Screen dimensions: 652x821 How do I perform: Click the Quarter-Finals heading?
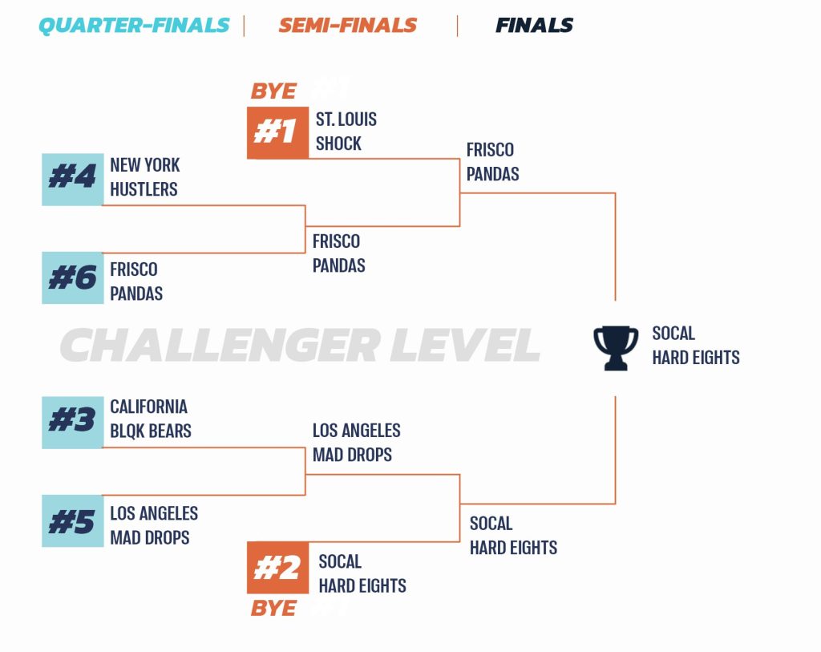pyautogui.click(x=134, y=26)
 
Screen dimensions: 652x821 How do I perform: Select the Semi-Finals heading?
pyautogui.click(x=347, y=26)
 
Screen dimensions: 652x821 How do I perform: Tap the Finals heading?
pyautogui.click(x=534, y=26)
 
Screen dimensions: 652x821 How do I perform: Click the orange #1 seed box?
pyautogui.click(x=277, y=132)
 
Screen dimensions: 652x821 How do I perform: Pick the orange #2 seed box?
pyautogui.click(x=277, y=568)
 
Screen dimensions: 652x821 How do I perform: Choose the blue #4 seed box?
pyautogui.click(x=73, y=179)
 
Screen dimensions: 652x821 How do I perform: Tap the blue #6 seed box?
pyautogui.click(x=73, y=277)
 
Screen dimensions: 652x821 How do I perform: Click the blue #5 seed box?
pyautogui.click(x=73, y=520)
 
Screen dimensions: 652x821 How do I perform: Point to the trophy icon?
pyautogui.click(x=616, y=347)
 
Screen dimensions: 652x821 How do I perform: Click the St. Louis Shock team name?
pyautogui.click(x=346, y=132)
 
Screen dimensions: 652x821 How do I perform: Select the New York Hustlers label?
pyautogui.click(x=144, y=177)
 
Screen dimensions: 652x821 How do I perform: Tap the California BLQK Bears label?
pyautogui.click(x=150, y=419)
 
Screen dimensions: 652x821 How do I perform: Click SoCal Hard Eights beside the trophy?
pyautogui.click(x=695, y=346)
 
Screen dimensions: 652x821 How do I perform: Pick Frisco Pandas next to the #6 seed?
pyautogui.click(x=135, y=281)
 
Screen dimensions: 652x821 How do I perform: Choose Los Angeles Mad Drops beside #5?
pyautogui.click(x=153, y=525)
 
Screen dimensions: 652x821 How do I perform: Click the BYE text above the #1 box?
pyautogui.click(x=273, y=91)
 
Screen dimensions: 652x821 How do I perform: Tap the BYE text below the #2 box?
pyautogui.click(x=273, y=609)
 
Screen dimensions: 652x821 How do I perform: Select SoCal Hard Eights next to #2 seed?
pyautogui.click(x=362, y=573)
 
